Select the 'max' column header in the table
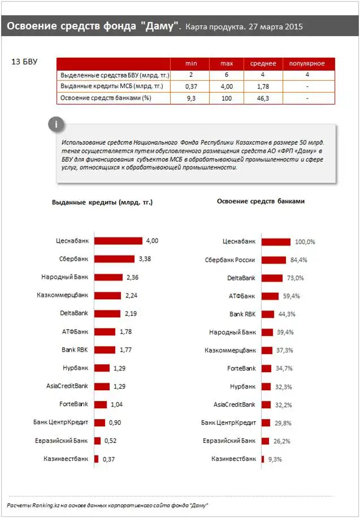(226, 63)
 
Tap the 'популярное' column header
(307, 63)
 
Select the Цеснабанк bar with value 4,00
(118, 241)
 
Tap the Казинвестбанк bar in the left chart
(96, 459)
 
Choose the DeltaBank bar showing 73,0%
(272, 278)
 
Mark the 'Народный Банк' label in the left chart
(64, 277)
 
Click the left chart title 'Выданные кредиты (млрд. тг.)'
(102, 202)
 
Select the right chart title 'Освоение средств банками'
(261, 201)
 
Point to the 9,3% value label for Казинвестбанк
(275, 459)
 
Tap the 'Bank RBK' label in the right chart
(242, 314)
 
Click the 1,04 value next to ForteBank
(117, 405)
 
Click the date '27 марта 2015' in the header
(275, 27)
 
